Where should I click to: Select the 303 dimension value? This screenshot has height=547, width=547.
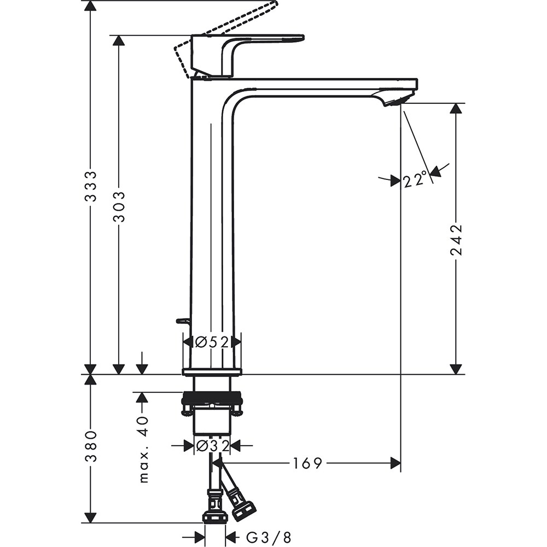119,206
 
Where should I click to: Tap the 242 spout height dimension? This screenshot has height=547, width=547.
456,240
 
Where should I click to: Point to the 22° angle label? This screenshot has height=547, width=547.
415,179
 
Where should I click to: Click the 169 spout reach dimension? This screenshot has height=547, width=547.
307,464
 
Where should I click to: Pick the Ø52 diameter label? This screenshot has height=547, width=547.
211,342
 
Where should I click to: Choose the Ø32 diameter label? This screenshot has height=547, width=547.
212,446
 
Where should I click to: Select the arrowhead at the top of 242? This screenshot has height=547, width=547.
456,108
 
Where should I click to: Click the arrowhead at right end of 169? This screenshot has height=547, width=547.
395,464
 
